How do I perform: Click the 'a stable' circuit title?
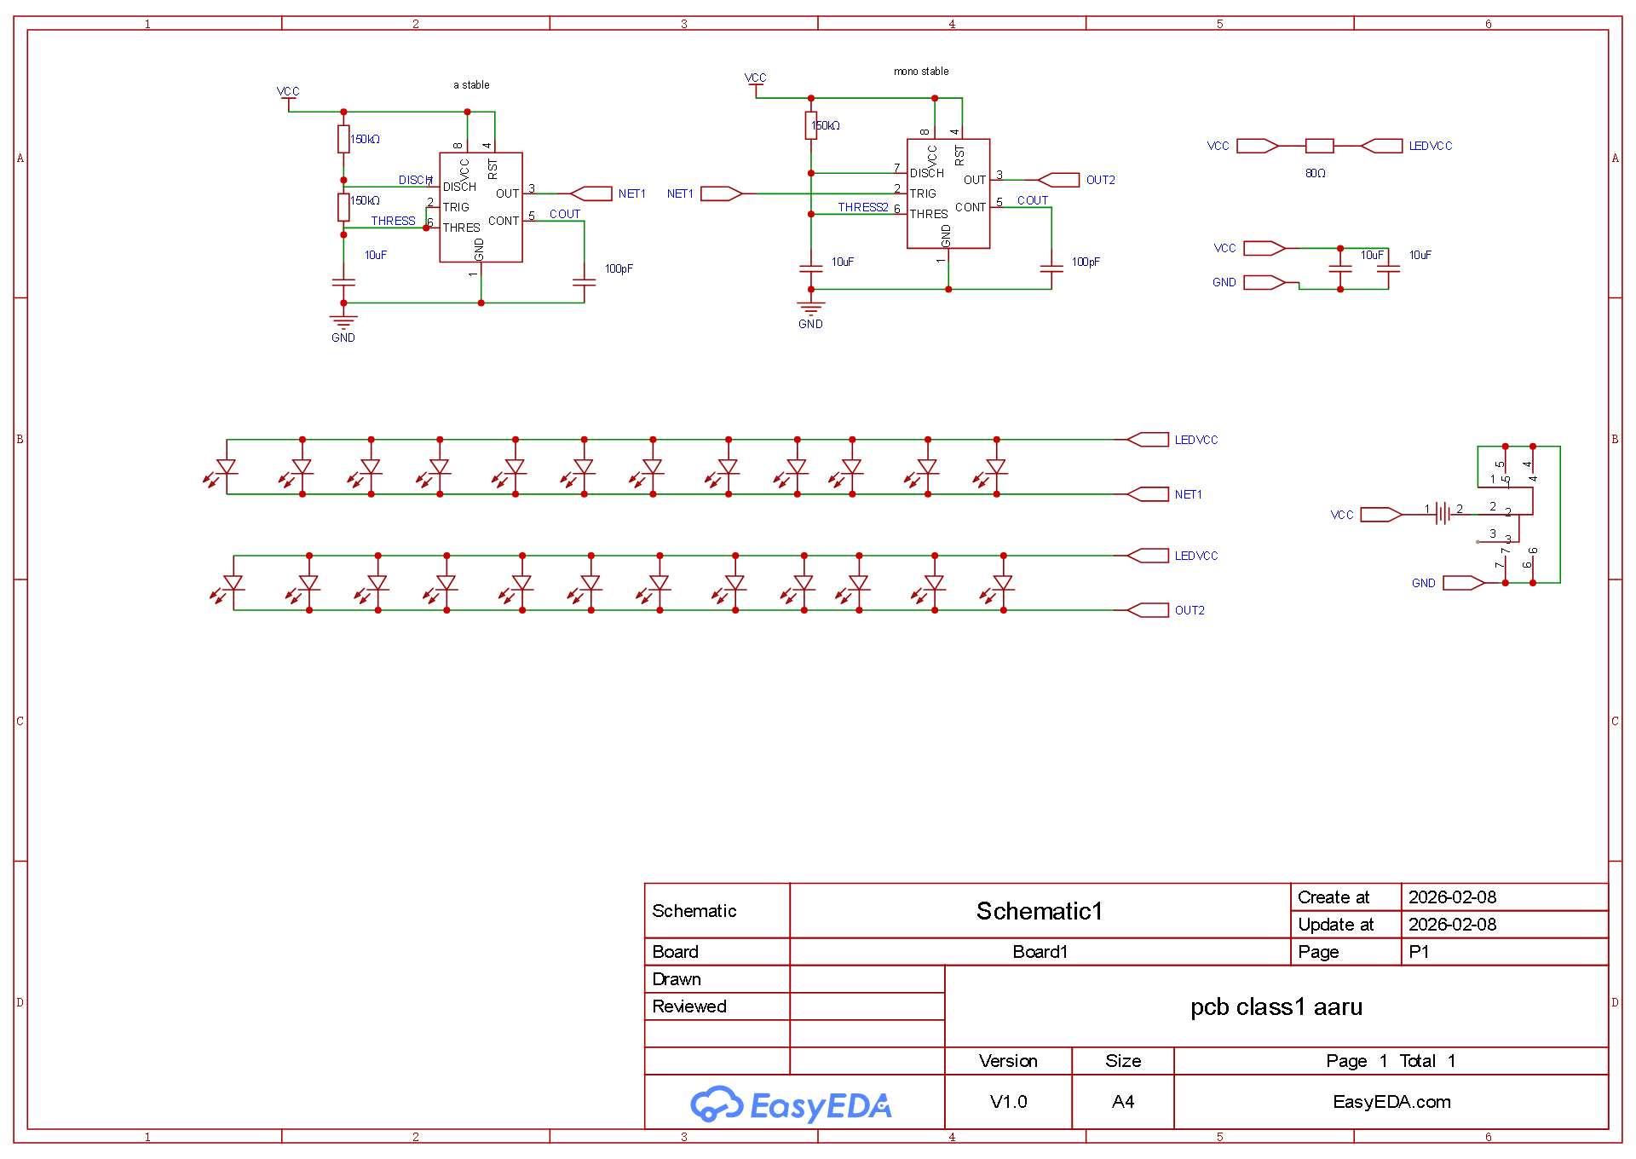(471, 85)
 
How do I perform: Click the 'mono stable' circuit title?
(921, 72)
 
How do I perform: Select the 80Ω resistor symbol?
(1319, 146)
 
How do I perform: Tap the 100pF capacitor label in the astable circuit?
(619, 268)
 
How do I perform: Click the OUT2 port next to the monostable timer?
(1059, 180)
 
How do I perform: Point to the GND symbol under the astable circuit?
(343, 322)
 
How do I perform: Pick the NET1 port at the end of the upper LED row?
(1148, 494)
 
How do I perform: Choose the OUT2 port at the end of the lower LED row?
(1148, 610)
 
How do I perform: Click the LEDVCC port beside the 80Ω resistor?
(1382, 146)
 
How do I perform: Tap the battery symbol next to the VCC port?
(1443, 513)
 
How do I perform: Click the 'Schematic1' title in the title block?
(1040, 911)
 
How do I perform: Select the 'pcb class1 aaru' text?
(1276, 1007)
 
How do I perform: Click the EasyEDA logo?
(791, 1104)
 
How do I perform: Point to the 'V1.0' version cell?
(1008, 1102)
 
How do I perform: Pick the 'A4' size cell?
(1123, 1102)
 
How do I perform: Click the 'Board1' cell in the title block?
(1040, 952)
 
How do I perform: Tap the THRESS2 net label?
(862, 207)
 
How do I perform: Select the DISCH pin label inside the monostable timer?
(927, 173)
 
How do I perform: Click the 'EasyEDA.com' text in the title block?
(1391, 1102)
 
